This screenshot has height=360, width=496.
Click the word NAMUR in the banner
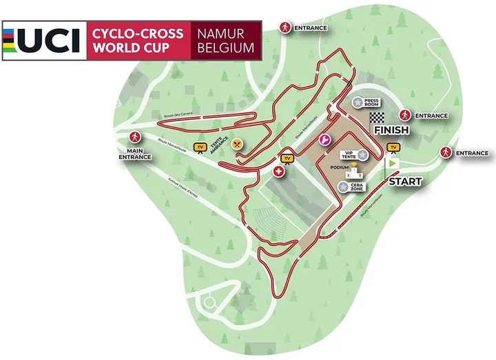(225, 33)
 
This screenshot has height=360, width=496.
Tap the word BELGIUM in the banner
(225, 50)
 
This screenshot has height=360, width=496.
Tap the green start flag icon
(393, 165)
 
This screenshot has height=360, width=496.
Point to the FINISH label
(391, 130)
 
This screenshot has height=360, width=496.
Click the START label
(405, 182)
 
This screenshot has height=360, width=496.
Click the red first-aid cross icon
(279, 171)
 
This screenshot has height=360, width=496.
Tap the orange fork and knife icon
(238, 143)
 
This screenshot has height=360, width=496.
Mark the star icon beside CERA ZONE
(343, 186)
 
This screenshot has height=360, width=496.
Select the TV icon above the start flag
(394, 147)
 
